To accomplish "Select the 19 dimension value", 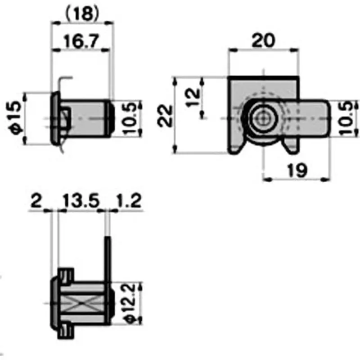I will (297, 170).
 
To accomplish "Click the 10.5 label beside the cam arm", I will (346, 118).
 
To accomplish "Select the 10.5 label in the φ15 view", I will (129, 118).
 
